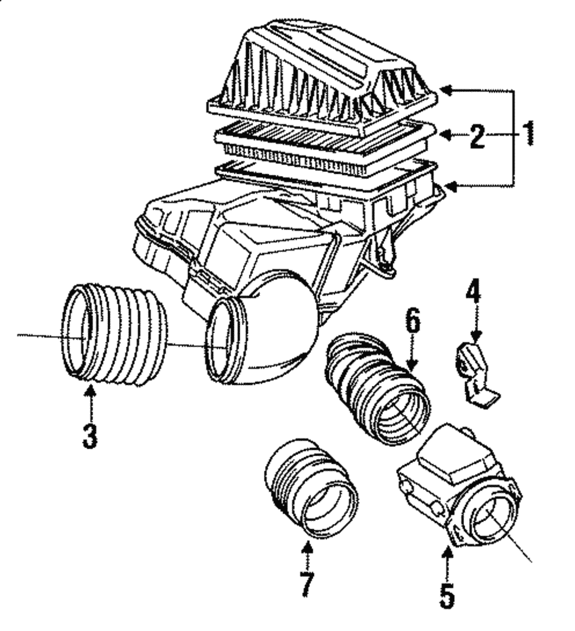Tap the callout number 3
tap(90, 436)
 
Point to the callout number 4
tap(474, 288)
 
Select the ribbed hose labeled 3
tap(115, 335)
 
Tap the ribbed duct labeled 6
tap(377, 388)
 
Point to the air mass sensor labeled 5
tap(459, 485)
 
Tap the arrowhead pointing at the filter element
tap(448, 135)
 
